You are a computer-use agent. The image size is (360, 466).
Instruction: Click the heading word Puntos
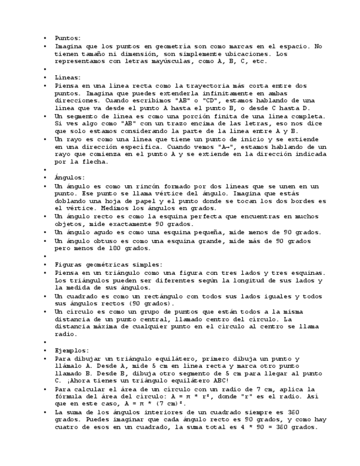tap(67, 38)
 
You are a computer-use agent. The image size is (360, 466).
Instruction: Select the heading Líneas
tap(67, 77)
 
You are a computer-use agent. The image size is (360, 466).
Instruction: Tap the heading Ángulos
tap(68, 177)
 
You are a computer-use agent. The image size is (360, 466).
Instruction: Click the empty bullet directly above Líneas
tap(46, 70)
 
